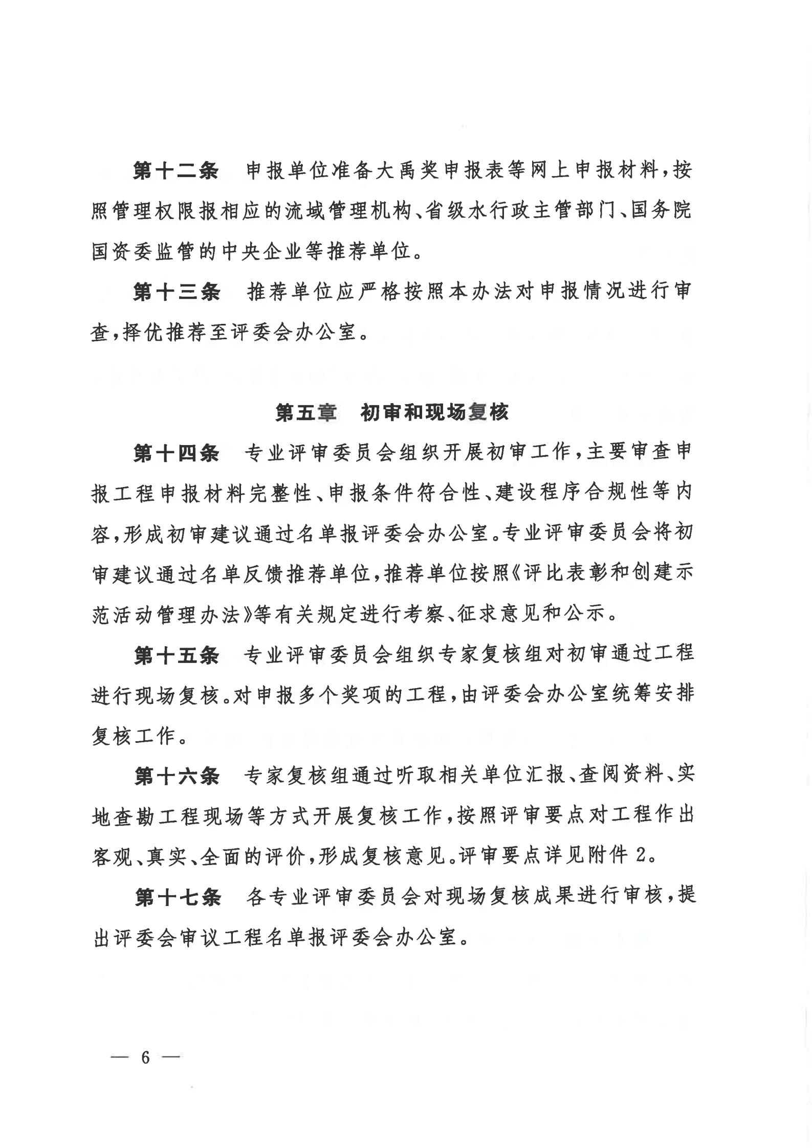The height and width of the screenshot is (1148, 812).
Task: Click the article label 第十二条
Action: point(176,170)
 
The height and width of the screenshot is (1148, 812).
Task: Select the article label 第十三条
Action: point(176,292)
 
